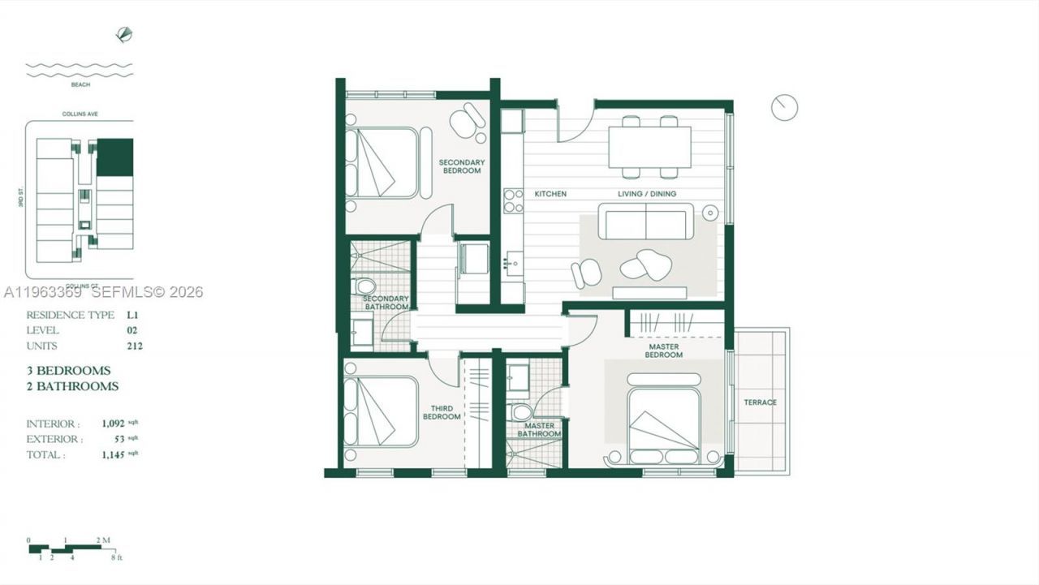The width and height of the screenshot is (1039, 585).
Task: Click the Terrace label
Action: [x=761, y=402]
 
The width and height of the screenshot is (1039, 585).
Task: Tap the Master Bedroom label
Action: [x=664, y=351]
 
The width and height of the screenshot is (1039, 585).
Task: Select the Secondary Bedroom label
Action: [x=462, y=166]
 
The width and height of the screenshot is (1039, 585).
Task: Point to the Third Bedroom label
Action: [x=442, y=412]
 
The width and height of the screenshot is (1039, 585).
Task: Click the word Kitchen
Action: [x=550, y=194]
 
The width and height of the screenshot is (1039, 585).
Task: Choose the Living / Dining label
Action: [x=647, y=194]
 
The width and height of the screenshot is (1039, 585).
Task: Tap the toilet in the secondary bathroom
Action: [x=365, y=286]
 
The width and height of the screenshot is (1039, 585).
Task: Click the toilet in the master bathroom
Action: [x=522, y=412]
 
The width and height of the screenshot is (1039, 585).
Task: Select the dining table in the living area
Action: [x=649, y=147]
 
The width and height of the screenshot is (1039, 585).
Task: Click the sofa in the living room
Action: [x=645, y=221]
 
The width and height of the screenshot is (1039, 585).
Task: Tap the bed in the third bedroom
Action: [x=381, y=411]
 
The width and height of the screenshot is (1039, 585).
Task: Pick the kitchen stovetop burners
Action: [x=513, y=200]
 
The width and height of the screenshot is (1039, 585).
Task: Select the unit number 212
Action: [x=134, y=346]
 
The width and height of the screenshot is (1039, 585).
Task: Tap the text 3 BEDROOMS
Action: [x=68, y=371]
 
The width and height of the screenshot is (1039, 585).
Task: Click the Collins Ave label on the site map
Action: [x=80, y=114]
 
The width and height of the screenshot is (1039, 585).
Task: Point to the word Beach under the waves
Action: [x=80, y=84]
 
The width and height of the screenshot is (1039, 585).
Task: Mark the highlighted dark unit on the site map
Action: [x=114, y=157]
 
